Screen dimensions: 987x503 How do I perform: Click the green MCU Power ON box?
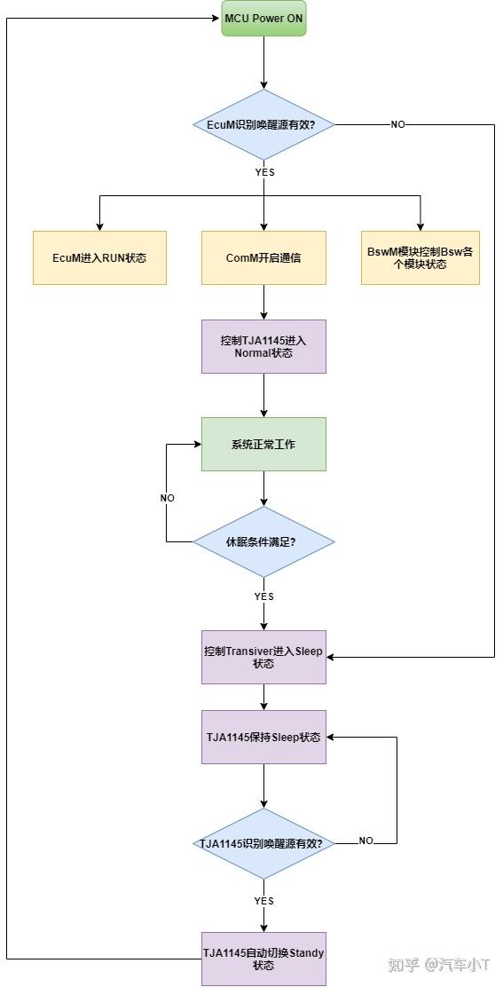point(263,19)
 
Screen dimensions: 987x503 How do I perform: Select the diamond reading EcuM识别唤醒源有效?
point(263,125)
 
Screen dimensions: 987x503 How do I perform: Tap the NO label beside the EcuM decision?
point(397,125)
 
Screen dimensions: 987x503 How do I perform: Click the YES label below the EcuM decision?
point(264,172)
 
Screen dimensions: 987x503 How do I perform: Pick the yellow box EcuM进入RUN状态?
point(99,257)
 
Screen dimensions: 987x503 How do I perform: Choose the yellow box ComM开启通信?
point(263,257)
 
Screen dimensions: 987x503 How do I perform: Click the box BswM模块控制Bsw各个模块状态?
point(420,257)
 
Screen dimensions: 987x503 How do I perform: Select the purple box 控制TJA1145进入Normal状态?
point(263,346)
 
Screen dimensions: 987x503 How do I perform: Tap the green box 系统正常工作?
point(263,444)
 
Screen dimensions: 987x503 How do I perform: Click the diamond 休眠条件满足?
point(263,541)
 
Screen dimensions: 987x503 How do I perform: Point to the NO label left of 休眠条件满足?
point(167,498)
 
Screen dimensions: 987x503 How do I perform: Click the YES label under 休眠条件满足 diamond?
point(264,596)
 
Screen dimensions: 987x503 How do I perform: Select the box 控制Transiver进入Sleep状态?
point(263,657)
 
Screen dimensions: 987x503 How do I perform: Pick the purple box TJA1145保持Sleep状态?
point(263,737)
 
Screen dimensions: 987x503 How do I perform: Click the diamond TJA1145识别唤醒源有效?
point(263,843)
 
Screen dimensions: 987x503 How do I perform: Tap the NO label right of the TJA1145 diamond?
point(365,841)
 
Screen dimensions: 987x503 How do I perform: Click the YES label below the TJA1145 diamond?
point(264,900)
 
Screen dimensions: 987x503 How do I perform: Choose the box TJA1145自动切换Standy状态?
point(263,959)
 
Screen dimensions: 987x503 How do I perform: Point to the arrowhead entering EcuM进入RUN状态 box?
point(99,226)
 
